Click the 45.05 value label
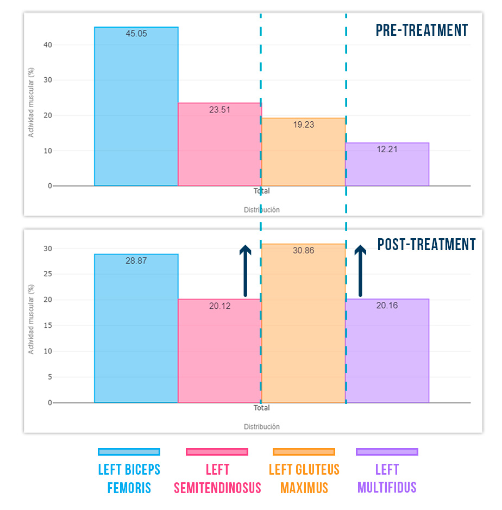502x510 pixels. [136, 34]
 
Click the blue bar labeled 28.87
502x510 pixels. [136, 332]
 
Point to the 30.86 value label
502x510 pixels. [303, 251]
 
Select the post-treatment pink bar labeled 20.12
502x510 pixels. [219, 353]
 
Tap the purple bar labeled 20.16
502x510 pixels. [387, 353]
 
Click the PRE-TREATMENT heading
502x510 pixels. [422, 30]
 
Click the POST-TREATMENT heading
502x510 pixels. [426, 245]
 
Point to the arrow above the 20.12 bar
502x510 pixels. [246, 270]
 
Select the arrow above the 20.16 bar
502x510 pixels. [360, 270]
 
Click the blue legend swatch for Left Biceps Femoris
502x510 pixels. [129, 452]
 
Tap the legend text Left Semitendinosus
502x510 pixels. [217, 478]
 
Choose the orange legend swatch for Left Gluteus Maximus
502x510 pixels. [304, 452]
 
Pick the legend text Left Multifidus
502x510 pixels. [387, 478]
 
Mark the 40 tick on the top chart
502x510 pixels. [48, 45]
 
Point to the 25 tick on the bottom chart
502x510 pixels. [48, 275]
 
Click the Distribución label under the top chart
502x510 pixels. [261, 210]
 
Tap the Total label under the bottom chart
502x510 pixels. [261, 408]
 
